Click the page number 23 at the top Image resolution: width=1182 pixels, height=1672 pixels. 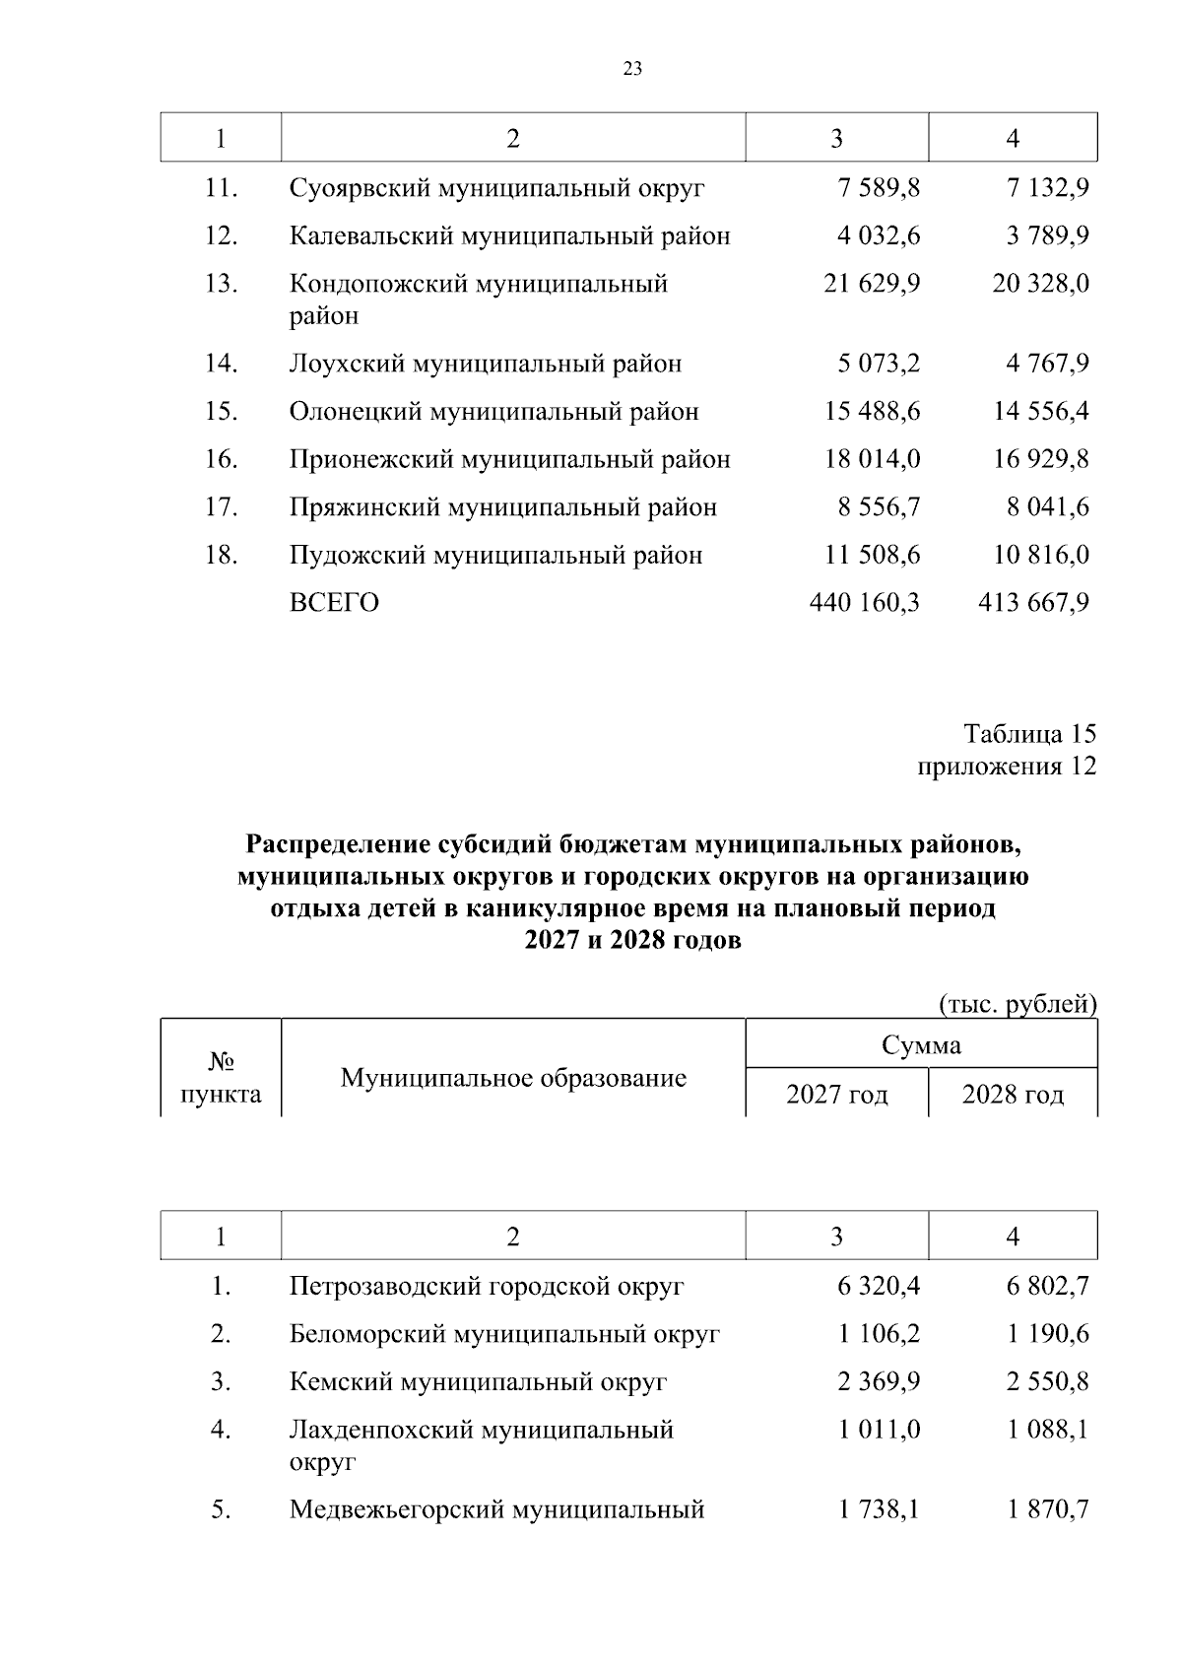point(632,69)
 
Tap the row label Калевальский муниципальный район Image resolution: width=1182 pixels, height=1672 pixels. point(509,236)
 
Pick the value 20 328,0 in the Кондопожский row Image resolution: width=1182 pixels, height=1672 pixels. point(1040,284)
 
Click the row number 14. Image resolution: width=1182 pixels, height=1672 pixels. point(221,364)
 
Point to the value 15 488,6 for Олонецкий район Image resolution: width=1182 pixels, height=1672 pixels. point(872,411)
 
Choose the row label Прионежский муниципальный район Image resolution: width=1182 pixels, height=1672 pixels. point(509,459)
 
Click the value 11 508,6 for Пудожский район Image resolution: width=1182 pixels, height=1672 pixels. point(872,555)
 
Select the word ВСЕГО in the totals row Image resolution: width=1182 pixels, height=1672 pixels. point(334,603)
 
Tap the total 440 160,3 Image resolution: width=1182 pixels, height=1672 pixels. point(864,603)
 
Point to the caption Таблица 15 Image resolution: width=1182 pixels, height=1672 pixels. point(1029,734)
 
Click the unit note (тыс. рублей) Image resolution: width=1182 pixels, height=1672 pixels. point(1018,1004)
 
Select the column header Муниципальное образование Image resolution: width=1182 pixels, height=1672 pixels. point(513,1078)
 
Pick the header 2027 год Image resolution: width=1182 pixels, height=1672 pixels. point(836,1095)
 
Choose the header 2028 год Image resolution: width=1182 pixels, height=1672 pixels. point(1013,1095)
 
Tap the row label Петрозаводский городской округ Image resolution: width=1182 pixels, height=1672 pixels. point(487,1286)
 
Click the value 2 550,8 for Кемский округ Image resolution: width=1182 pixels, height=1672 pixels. point(1047,1381)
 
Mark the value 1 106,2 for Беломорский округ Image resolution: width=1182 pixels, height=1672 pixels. point(879,1334)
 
